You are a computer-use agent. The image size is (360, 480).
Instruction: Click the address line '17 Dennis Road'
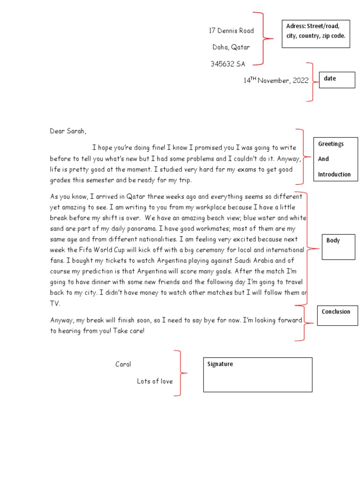click(231, 31)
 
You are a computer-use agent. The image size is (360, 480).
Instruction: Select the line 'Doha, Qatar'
click(231, 47)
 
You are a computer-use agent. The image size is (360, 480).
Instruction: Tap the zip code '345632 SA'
click(228, 64)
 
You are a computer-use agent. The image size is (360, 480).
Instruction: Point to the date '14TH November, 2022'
click(276, 81)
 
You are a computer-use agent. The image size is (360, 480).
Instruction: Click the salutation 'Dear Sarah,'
click(68, 131)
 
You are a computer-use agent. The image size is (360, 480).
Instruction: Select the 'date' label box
click(337, 80)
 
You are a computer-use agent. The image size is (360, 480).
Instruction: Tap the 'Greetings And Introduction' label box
click(336, 159)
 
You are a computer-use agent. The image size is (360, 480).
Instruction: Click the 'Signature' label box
click(257, 375)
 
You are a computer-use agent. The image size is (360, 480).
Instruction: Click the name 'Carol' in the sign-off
click(123, 364)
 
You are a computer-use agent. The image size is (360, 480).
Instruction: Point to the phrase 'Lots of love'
click(155, 381)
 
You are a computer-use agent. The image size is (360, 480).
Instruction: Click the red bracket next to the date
click(311, 82)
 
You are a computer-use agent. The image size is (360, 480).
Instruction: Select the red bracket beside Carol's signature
click(180, 373)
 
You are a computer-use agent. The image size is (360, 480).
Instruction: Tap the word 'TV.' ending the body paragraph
click(55, 303)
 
